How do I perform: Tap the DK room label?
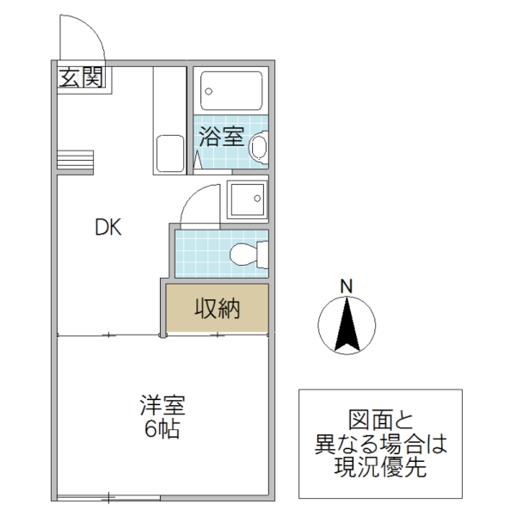[108, 228]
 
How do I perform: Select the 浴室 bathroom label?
[221, 136]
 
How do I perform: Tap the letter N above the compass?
[346, 286]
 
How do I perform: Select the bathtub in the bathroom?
[230, 89]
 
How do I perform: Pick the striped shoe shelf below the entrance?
[75, 160]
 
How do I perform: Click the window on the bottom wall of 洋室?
[112, 496]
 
